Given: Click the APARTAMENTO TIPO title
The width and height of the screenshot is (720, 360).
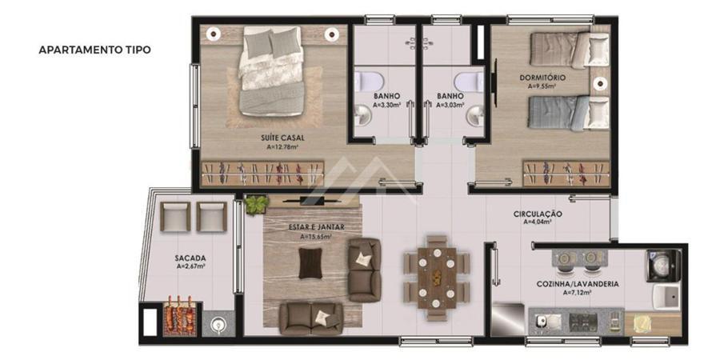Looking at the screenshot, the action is coord(94,50).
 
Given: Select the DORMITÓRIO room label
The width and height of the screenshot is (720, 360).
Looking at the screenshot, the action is coord(542,78).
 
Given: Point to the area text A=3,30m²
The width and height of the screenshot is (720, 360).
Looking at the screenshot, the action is coord(386,105).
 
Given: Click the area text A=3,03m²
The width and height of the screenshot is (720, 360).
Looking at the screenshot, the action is coord(450,105).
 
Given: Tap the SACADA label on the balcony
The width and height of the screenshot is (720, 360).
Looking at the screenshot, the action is coord(190,258).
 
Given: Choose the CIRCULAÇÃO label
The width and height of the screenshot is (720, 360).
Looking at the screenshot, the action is coord(538,214).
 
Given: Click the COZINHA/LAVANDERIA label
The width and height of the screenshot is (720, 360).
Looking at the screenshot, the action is coord(577,284).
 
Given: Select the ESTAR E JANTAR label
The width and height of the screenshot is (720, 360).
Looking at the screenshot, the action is coord(316,227).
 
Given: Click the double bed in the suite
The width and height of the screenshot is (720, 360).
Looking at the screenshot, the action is coord(271,71).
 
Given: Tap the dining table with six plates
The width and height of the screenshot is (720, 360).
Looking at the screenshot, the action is coord(437,278).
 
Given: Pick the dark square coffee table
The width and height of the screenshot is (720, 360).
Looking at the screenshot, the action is coord(310,263).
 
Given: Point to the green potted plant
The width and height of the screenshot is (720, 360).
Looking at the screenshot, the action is coord(256,205).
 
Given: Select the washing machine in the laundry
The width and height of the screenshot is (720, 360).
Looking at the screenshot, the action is coord(663,266).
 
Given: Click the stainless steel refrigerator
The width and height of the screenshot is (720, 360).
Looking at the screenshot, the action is coord(507,318).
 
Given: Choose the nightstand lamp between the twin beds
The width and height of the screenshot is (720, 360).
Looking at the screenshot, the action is coord(599,83).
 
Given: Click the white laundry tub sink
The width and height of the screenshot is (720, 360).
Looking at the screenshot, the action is coord(666,297).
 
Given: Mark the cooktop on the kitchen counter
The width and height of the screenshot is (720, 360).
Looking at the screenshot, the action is coord(583,322).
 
